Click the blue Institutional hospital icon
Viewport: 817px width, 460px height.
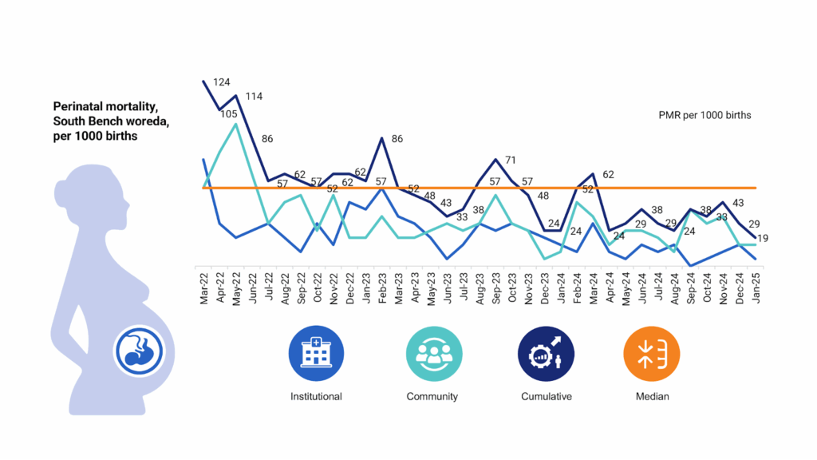click(316, 353)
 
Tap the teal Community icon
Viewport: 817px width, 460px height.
click(432, 353)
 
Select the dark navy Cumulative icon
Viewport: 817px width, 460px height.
click(546, 353)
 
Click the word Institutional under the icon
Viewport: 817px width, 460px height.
click(316, 397)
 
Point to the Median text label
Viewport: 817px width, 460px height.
click(653, 397)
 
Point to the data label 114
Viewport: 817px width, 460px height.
click(254, 97)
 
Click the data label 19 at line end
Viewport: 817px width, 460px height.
click(763, 239)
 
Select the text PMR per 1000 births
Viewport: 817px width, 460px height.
click(705, 116)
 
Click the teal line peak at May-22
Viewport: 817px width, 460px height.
click(236, 124)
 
